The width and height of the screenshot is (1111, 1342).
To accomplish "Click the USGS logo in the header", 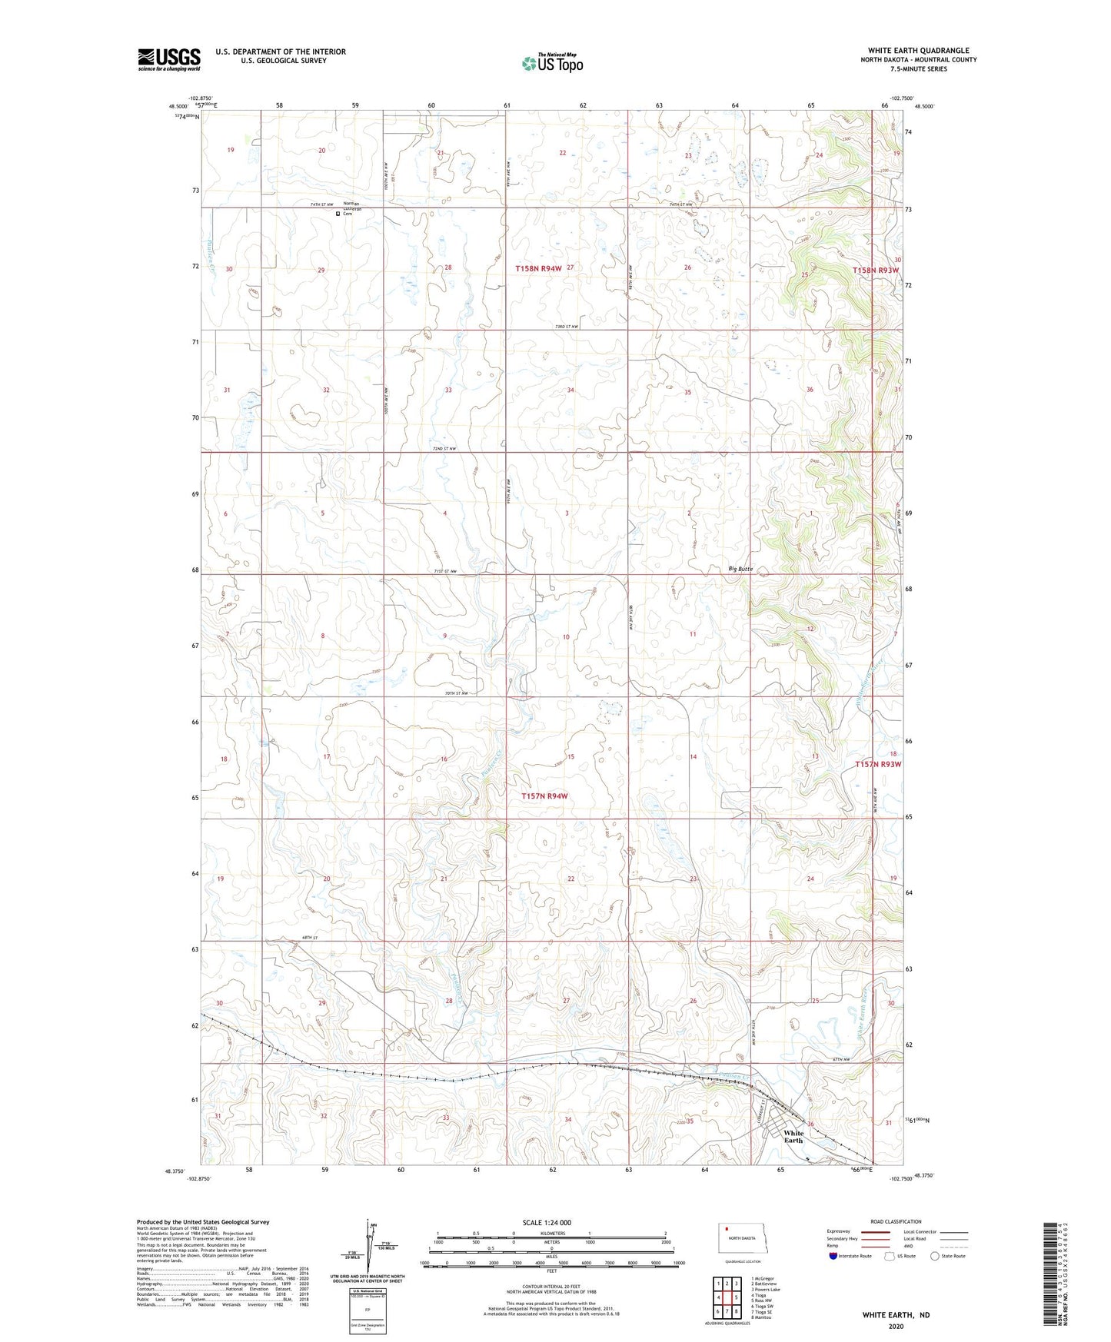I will tap(169, 58).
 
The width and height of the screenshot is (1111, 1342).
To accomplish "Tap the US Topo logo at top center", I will tap(551, 63).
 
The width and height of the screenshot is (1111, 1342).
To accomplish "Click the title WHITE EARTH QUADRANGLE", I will tap(918, 51).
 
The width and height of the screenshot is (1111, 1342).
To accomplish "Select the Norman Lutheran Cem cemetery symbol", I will tap(338, 214).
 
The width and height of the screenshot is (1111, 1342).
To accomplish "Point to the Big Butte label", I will tap(740, 570).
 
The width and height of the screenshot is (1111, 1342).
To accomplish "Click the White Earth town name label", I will tap(793, 1136).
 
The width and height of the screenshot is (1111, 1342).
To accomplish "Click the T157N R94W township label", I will tap(544, 796).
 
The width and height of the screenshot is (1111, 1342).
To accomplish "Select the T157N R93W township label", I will tap(877, 764).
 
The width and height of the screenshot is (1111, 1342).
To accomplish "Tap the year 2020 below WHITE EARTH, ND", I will tap(896, 1326).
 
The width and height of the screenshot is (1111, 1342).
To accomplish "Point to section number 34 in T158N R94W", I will tap(570, 390).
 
